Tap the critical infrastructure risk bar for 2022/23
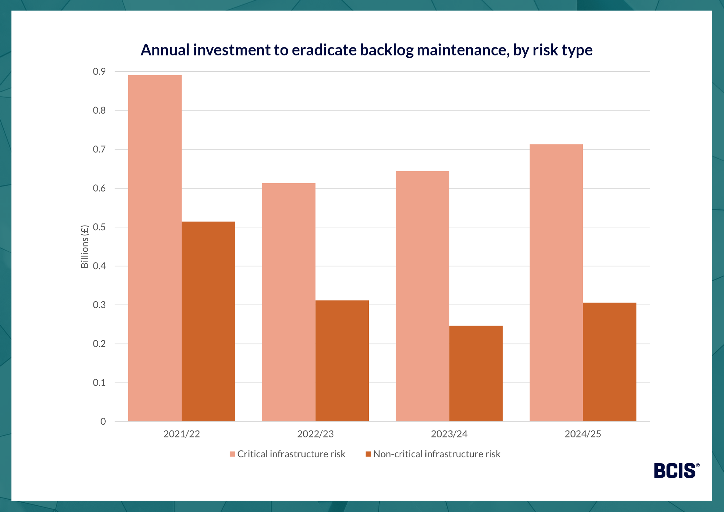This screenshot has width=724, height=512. pyautogui.click(x=289, y=302)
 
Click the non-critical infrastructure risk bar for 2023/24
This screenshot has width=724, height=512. pyautogui.click(x=476, y=373)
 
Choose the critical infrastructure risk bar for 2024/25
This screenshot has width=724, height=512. pyautogui.click(x=556, y=283)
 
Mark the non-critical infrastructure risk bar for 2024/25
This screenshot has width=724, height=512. pyautogui.click(x=610, y=362)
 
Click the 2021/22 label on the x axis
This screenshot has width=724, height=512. pyautogui.click(x=182, y=434)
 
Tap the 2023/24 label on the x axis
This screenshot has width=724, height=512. pyautogui.click(x=449, y=434)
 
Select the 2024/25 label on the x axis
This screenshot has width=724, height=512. pyautogui.click(x=583, y=434)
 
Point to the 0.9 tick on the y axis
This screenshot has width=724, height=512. pyautogui.click(x=99, y=72)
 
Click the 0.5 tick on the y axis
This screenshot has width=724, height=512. pyautogui.click(x=99, y=227)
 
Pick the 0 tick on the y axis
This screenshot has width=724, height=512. pyautogui.click(x=103, y=421)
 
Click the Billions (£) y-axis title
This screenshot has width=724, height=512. pyautogui.click(x=84, y=247)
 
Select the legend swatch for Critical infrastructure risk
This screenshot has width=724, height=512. pyautogui.click(x=232, y=454)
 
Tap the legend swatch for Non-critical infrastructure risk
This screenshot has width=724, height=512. pyautogui.click(x=368, y=454)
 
